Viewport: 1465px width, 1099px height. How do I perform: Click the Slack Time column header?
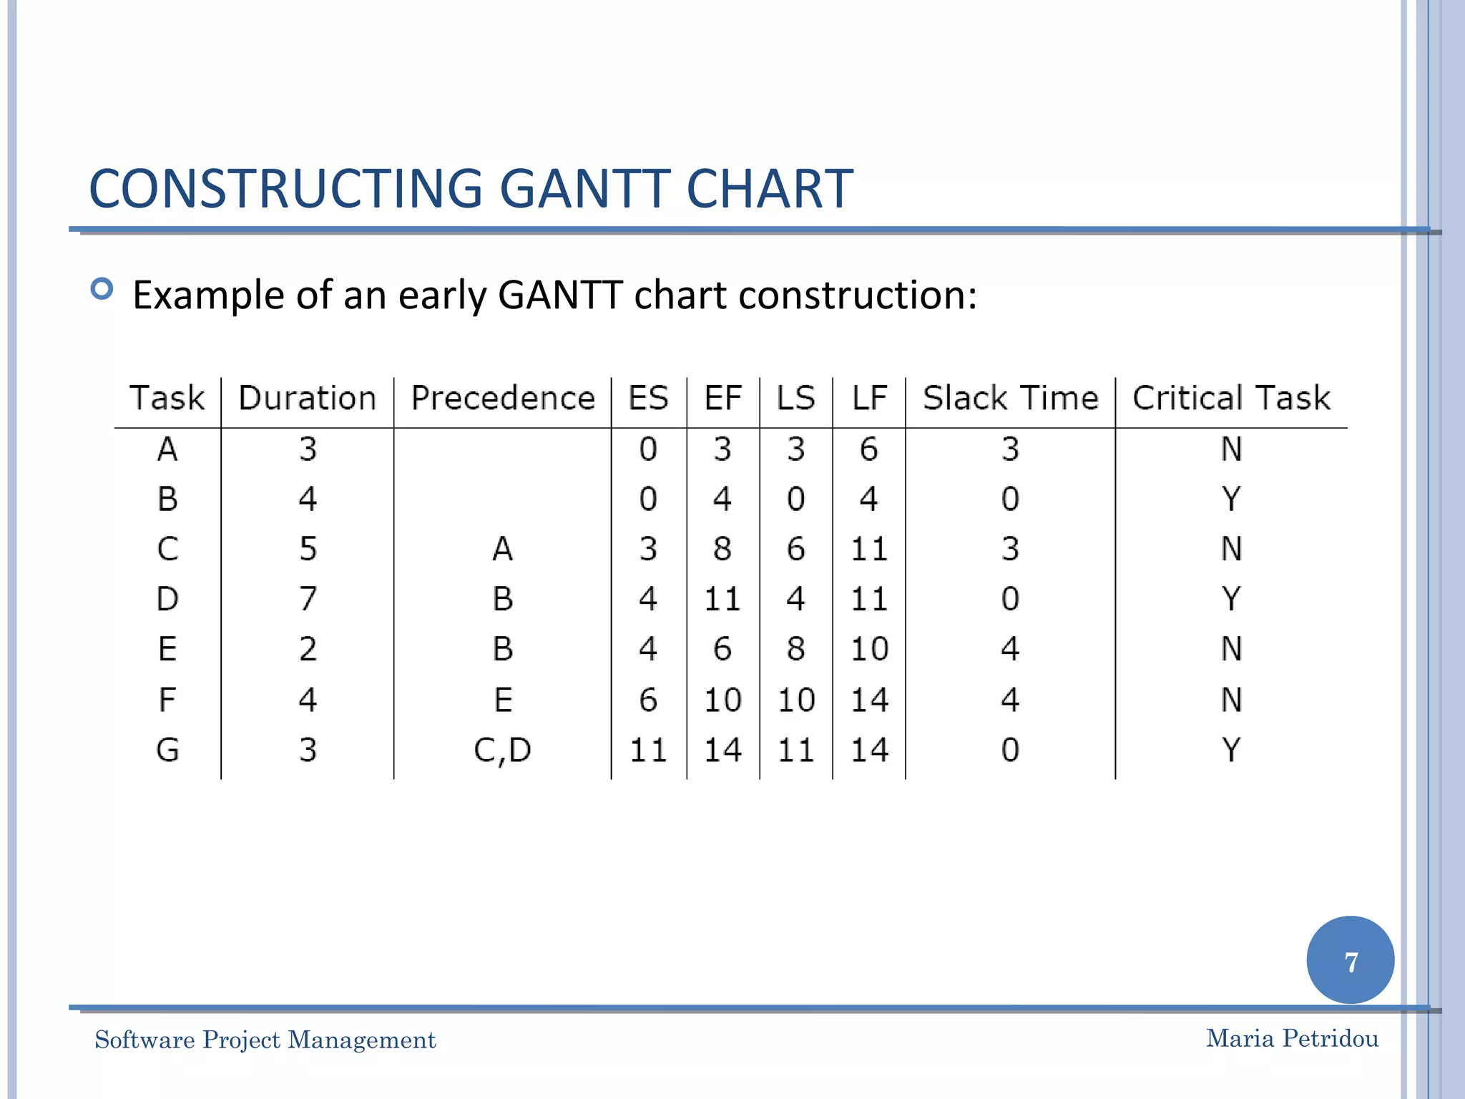point(1010,398)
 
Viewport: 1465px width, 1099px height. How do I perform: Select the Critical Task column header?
point(1231,398)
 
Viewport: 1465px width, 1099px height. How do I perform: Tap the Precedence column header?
point(503,398)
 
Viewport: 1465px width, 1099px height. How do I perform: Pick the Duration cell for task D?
point(308,599)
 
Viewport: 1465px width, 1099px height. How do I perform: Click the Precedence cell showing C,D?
point(503,750)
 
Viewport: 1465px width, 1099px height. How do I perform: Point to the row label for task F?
point(167,699)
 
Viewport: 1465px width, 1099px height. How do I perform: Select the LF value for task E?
point(869,649)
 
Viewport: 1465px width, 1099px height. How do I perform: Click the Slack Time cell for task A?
point(1010,449)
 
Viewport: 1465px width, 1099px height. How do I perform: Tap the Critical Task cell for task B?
point(1231,499)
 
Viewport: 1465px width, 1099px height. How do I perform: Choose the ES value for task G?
point(648,750)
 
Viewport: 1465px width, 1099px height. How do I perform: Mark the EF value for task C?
point(722,549)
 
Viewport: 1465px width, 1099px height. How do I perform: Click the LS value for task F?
point(796,699)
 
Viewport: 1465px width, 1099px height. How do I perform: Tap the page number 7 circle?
point(1350,960)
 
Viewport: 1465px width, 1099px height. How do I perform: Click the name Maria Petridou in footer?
point(1292,1038)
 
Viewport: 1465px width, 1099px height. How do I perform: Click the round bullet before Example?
point(102,289)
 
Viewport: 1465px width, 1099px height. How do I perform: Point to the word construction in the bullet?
point(856,295)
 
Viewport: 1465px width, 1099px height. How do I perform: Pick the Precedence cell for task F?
point(503,699)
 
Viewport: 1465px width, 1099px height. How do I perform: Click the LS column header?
point(796,398)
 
